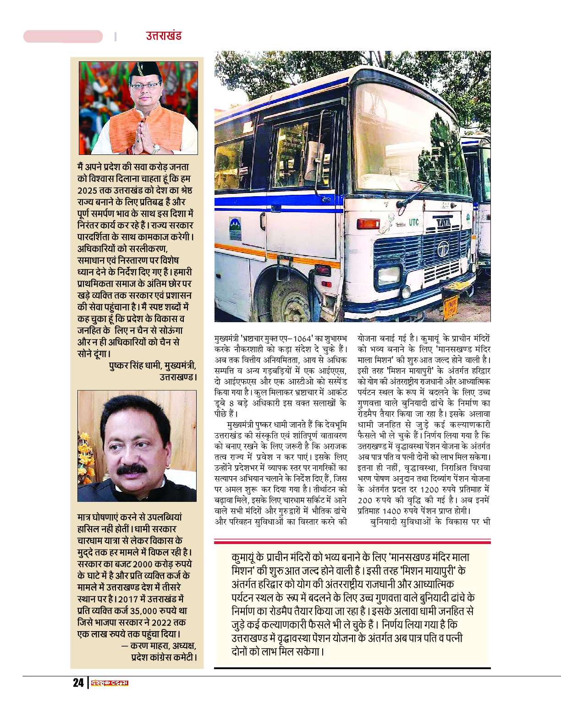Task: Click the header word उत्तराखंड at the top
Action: [164, 35]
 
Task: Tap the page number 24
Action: [78, 682]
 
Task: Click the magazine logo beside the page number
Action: [110, 683]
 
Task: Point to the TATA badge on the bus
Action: [443, 223]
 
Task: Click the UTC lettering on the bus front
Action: [413, 222]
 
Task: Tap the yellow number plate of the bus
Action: [451, 307]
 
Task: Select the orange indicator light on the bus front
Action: [368, 224]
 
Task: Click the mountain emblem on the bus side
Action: [235, 228]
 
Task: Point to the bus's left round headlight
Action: [388, 275]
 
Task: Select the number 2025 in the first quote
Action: [87, 191]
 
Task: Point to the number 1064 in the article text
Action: [302, 339]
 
